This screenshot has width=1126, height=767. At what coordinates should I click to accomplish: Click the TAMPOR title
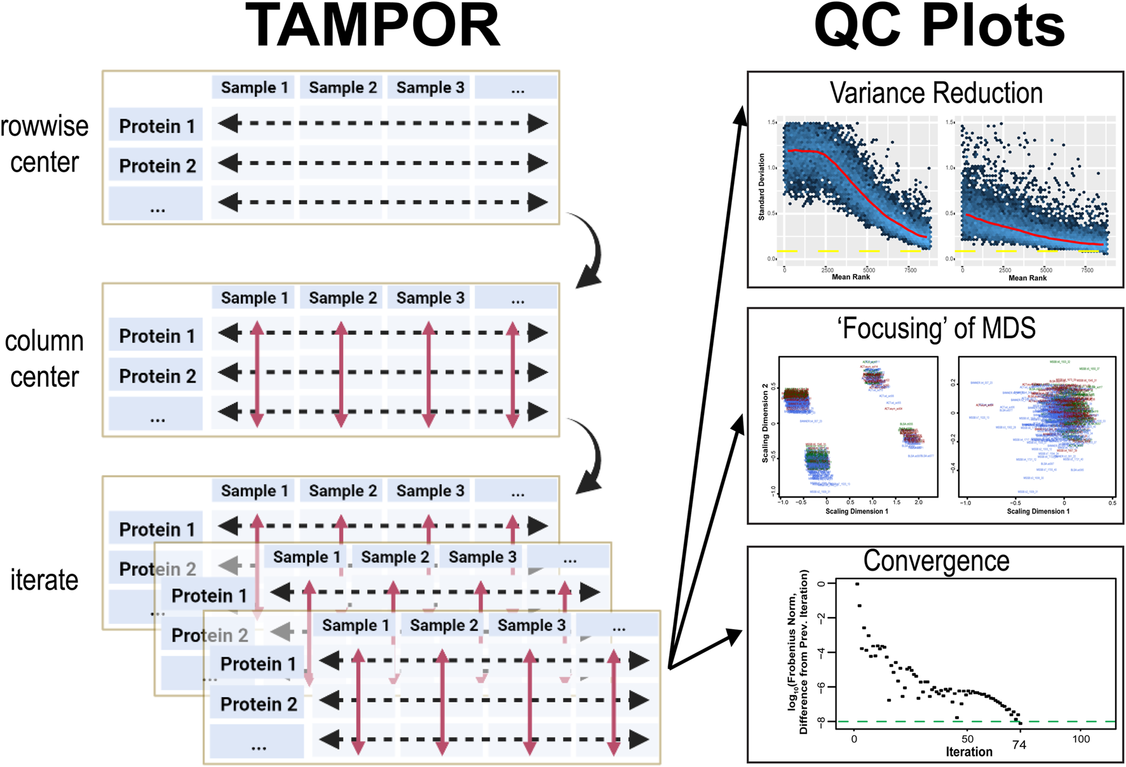pyautogui.click(x=372, y=27)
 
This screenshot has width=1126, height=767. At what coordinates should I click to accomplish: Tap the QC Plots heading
pyautogui.click(x=939, y=27)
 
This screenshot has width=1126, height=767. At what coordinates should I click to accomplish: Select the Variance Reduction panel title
pyautogui.click(x=936, y=93)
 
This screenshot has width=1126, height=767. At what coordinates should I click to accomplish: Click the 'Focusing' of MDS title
pyautogui.click(x=936, y=329)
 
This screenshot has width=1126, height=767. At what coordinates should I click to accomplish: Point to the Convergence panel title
pyautogui.click(x=936, y=561)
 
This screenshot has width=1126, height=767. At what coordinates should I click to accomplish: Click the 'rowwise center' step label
pyautogui.click(x=44, y=144)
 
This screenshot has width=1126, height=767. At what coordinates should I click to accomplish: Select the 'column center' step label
pyautogui.click(x=44, y=359)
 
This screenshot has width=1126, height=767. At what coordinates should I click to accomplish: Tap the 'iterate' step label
pyautogui.click(x=44, y=580)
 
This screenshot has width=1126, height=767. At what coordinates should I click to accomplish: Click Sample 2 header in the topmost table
pyautogui.click(x=343, y=88)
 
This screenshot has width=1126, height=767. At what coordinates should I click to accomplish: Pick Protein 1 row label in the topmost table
pyautogui.click(x=156, y=126)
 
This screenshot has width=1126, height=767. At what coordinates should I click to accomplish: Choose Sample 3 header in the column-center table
pyautogui.click(x=430, y=298)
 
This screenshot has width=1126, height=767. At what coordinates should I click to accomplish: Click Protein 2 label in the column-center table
pyautogui.click(x=157, y=376)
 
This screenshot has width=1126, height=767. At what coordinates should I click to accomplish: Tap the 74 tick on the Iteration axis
pyautogui.click(x=1019, y=745)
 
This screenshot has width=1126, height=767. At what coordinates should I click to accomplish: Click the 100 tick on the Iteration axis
pyautogui.click(x=1081, y=739)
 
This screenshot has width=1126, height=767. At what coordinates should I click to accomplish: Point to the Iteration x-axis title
pyautogui.click(x=969, y=752)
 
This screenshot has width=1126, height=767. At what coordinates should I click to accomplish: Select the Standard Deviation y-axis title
pyautogui.click(x=762, y=187)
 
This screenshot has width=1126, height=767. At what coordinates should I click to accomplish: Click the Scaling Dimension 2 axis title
pyautogui.click(x=765, y=423)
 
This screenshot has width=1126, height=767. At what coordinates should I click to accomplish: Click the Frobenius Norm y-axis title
pyautogui.click(x=798, y=652)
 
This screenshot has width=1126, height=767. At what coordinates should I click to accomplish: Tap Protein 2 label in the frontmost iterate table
pyautogui.click(x=258, y=704)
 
